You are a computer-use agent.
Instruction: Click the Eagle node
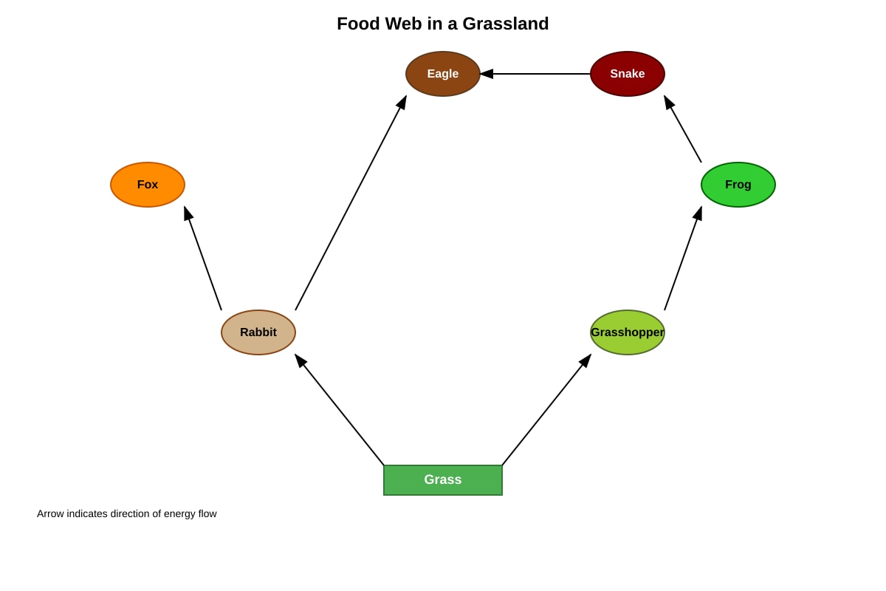pos(442,74)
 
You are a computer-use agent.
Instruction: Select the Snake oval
pos(628,74)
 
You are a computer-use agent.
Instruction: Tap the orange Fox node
pos(148,185)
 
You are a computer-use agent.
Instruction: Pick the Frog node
pos(738,185)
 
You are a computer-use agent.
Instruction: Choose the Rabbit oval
pos(258,332)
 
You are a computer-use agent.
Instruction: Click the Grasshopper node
pos(628,332)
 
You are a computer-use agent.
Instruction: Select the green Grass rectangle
pos(442,479)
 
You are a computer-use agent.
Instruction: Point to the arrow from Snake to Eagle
pos(535,74)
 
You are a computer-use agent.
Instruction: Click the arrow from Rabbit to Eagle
pos(351,202)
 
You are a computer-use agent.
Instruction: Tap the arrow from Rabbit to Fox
pos(203,258)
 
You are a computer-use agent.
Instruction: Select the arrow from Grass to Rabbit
pos(340,410)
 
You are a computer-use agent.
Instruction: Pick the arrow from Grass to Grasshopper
pos(546,410)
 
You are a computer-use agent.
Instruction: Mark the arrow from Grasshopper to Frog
pos(683,258)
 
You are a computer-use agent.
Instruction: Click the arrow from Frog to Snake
pos(683,129)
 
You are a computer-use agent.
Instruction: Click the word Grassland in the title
pos(506,24)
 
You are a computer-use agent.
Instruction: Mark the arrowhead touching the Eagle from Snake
pos(487,74)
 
